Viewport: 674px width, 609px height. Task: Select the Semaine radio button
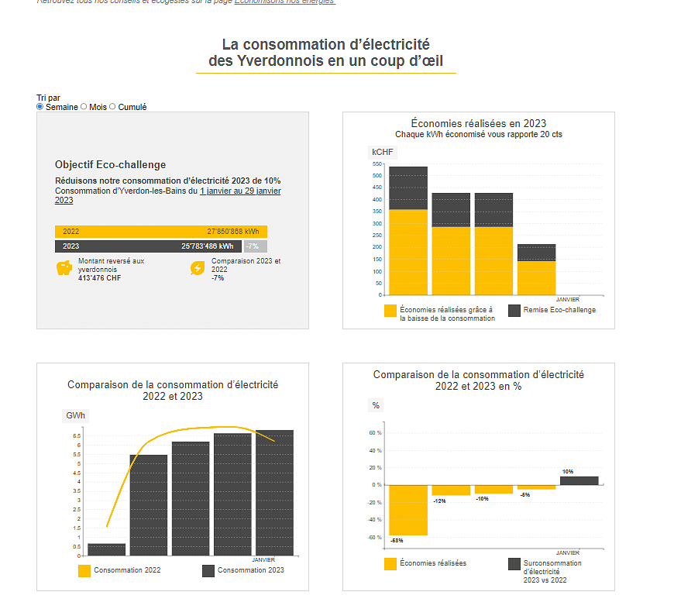[x=40, y=107]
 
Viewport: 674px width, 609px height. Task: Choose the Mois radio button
[x=84, y=107]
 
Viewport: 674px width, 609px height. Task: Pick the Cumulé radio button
[x=112, y=107]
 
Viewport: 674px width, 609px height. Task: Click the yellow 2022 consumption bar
[x=160, y=232]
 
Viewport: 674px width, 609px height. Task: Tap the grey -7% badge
[x=255, y=246]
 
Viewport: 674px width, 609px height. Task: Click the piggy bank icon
[x=64, y=268]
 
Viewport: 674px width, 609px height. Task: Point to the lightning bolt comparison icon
[x=198, y=268]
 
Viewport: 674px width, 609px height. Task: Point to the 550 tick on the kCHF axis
[x=377, y=164]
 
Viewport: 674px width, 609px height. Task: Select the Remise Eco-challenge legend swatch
[x=514, y=310]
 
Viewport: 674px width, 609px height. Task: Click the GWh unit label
[x=75, y=416]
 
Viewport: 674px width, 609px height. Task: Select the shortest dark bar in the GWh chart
[x=106, y=549]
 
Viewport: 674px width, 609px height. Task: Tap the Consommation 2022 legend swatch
[x=84, y=571]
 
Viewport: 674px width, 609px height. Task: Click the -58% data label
[x=397, y=540]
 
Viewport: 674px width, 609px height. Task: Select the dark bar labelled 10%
[x=579, y=480]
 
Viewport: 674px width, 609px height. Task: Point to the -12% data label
[x=439, y=501]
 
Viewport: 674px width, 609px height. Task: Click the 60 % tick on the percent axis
[x=376, y=433]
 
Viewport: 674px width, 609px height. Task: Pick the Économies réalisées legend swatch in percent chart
[x=390, y=564]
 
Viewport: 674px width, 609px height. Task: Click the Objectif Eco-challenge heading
[x=110, y=165]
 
